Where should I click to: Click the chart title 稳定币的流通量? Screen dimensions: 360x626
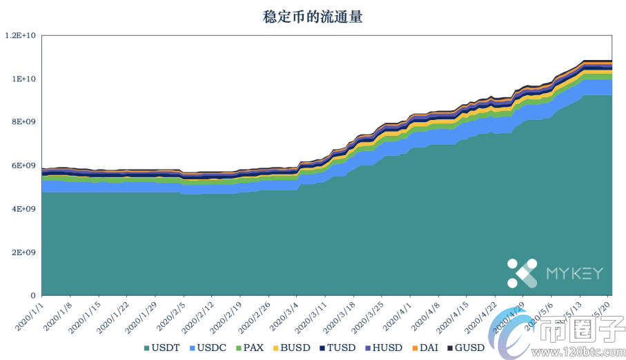[313, 17]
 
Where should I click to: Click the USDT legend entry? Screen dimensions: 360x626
[164, 348]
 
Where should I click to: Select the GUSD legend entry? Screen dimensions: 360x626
[466, 348]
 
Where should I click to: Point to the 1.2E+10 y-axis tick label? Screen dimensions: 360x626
[21, 35]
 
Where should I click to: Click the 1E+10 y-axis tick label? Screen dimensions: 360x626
[24, 79]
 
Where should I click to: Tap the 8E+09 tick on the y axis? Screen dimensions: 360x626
[24, 122]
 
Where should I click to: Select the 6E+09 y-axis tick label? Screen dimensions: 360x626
[24, 166]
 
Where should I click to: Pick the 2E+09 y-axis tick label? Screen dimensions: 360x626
[24, 252]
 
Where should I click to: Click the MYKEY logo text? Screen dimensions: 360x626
[574, 274]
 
